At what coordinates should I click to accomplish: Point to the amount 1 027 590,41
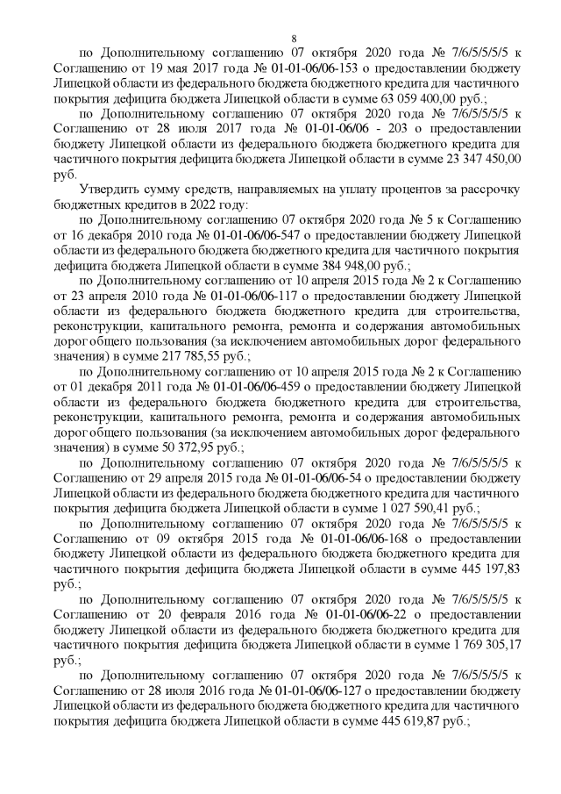tap(446, 507)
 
